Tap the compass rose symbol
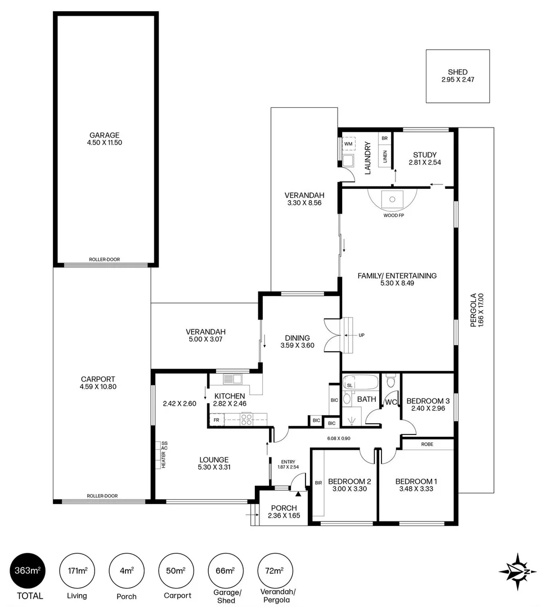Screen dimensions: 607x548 516,572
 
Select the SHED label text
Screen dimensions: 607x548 457,72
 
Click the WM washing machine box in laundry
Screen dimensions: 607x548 348,144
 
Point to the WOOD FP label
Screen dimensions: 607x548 393,216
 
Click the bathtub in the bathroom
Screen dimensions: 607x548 361,385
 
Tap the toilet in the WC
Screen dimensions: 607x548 390,383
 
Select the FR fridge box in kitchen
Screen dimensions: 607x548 215,419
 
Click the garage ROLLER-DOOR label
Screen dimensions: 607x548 104,260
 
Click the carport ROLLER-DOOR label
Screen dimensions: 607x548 102,496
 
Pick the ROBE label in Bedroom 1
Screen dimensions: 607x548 427,444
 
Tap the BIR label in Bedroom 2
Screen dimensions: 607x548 318,482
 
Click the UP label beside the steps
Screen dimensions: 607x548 361,336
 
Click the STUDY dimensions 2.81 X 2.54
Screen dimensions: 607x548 424,164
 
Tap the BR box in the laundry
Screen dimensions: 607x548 385,138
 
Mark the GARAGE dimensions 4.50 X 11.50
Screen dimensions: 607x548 105,143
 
